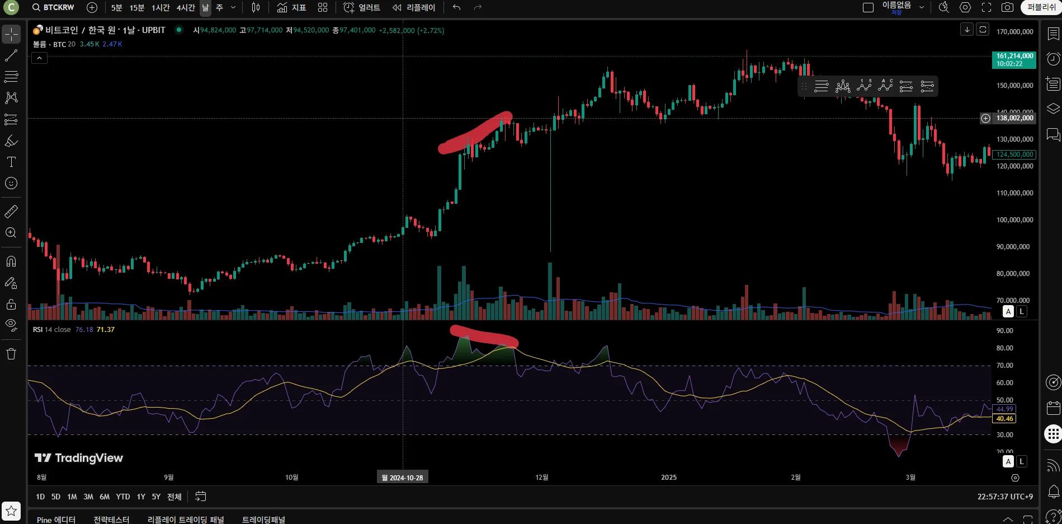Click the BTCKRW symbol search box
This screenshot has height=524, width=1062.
(54, 7)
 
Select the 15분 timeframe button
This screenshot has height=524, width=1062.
(137, 7)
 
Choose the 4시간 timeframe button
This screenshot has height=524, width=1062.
(186, 7)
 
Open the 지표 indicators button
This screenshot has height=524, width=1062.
(291, 7)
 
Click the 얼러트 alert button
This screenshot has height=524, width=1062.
(362, 7)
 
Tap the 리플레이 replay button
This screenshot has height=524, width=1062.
(414, 7)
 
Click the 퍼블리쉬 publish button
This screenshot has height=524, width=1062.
(1041, 7)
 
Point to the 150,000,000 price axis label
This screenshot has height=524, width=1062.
(1014, 86)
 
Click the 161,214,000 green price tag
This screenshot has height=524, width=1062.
(1014, 59)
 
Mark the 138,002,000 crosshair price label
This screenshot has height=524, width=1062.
(1014, 118)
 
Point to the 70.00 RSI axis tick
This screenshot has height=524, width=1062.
(1004, 366)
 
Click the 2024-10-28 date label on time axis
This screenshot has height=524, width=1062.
(403, 478)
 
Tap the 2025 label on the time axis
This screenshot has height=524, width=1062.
(669, 478)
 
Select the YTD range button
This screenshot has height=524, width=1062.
(123, 497)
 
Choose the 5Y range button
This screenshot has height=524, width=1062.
(156, 497)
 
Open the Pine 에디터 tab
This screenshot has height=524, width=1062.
(56, 520)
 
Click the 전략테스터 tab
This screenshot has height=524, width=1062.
(111, 520)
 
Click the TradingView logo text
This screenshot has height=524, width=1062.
(79, 458)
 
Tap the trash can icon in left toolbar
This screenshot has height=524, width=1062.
(11, 354)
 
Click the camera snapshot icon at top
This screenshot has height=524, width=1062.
(1007, 7)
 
